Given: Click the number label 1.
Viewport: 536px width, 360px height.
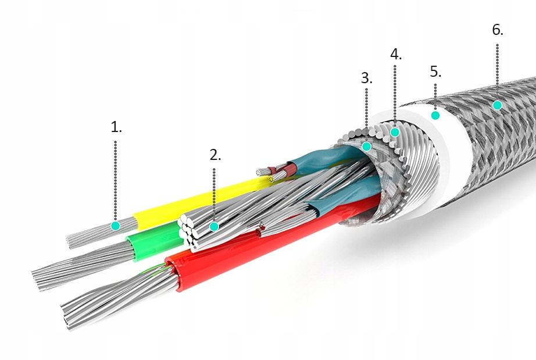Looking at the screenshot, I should click(116, 127).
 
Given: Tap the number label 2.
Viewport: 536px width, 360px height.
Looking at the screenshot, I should click(215, 155).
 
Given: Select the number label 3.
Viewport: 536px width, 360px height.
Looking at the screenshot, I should click(366, 78).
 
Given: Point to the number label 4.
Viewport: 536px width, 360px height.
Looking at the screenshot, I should click(395, 55).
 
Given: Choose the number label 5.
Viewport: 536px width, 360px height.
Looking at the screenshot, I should click(435, 72).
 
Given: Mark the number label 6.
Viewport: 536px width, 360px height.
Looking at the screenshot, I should click(498, 30).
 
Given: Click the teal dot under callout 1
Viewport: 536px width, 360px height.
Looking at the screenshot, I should click(116, 225).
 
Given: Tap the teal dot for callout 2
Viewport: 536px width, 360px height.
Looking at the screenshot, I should click(215, 226).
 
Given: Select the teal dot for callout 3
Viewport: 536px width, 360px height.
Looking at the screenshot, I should click(367, 147).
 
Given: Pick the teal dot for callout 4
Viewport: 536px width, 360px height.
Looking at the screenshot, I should click(395, 132).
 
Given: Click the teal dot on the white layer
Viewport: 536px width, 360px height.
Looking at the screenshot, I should click(435, 115).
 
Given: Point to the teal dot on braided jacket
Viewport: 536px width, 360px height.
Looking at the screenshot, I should click(497, 105).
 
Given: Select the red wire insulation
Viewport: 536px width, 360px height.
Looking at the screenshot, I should click(233, 262).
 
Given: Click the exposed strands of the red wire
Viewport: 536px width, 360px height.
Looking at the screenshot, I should click(116, 297).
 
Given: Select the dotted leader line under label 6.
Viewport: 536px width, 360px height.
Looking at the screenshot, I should click(498, 64).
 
